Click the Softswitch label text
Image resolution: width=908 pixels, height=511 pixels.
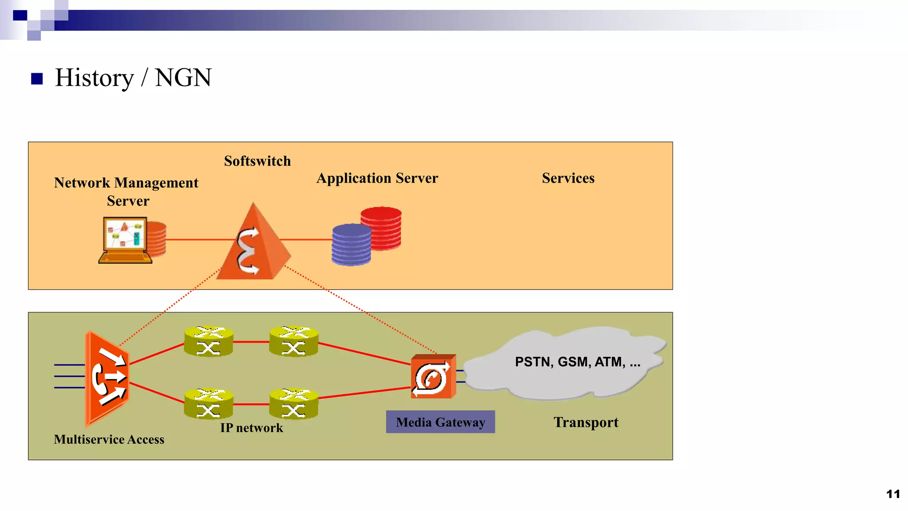tap(257, 161)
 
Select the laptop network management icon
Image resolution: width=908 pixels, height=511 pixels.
tap(125, 240)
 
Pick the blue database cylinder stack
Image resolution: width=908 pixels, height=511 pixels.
tap(351, 245)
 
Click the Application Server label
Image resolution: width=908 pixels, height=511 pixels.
tap(377, 178)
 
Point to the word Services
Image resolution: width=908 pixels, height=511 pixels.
tap(568, 178)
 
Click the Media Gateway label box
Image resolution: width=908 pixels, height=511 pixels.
tap(440, 422)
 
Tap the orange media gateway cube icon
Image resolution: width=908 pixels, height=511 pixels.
tap(433, 377)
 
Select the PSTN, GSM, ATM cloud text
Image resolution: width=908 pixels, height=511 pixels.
tap(577, 362)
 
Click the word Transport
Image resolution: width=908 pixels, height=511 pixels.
tap(586, 422)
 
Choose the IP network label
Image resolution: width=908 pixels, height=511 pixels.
tap(251, 428)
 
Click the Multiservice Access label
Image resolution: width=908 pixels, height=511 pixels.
tap(109, 440)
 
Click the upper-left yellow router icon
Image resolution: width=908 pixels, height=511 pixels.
tap(208, 342)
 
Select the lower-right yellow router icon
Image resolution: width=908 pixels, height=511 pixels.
tap(294, 404)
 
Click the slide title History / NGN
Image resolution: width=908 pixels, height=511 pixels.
tap(133, 78)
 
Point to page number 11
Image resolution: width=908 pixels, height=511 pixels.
tap(893, 494)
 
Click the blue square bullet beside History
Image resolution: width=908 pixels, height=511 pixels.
tap(37, 79)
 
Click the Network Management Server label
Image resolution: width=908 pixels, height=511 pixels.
tap(126, 192)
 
